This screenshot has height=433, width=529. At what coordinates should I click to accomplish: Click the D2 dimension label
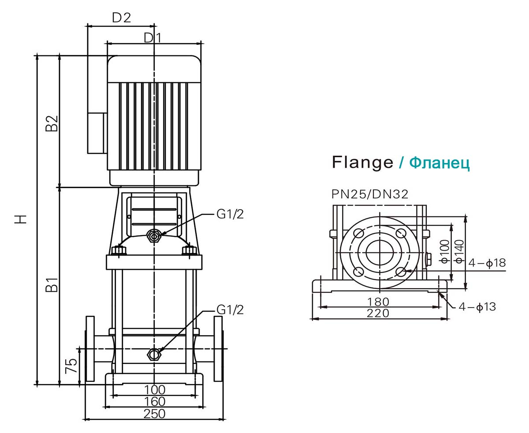(121, 18)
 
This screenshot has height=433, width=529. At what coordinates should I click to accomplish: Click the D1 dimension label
(153, 38)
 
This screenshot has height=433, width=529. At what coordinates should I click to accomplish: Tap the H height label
(21, 218)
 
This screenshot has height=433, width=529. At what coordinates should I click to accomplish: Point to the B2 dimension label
(52, 124)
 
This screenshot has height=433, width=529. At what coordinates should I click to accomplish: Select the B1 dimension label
(52, 285)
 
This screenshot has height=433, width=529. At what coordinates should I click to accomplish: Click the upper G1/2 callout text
(230, 214)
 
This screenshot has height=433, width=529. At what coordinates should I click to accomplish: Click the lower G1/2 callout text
(230, 310)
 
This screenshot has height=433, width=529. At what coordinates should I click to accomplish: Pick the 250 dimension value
(154, 414)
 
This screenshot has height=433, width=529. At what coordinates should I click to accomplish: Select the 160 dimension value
(154, 401)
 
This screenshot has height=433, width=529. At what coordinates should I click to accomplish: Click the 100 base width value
(154, 389)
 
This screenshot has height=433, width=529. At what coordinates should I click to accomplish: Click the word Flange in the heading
(362, 162)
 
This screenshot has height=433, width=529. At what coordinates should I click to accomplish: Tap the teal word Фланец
(439, 163)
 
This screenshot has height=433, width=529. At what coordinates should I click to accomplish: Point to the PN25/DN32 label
(370, 194)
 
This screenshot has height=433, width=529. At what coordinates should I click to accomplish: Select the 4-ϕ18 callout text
(487, 263)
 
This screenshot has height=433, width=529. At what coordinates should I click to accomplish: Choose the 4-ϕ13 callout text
(477, 307)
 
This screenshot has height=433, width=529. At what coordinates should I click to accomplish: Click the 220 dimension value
(378, 313)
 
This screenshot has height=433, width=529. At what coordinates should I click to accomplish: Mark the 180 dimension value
(378, 302)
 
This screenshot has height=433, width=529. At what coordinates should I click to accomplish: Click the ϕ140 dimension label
(459, 252)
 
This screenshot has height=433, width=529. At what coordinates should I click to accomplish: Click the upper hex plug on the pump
(154, 237)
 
